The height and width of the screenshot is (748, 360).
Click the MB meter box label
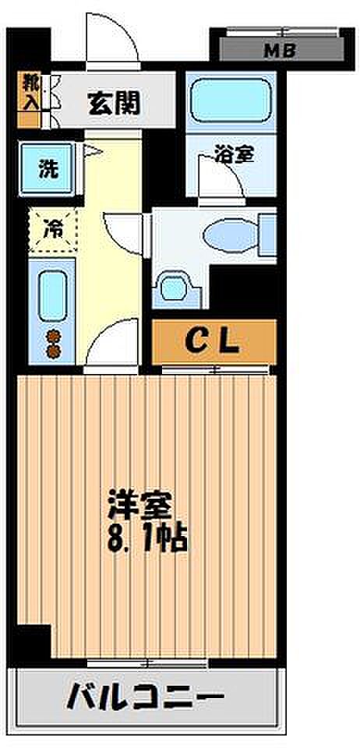click(281, 50)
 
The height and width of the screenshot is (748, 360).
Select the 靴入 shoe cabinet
click(29, 101)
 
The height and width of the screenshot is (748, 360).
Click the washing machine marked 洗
click(48, 168)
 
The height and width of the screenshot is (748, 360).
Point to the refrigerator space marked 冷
click(53, 229)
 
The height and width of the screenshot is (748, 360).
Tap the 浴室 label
click(234, 155)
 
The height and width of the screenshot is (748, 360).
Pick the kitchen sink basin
click(51, 296)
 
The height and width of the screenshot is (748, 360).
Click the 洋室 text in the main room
click(139, 507)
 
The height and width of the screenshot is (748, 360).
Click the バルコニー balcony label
click(145, 700)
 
